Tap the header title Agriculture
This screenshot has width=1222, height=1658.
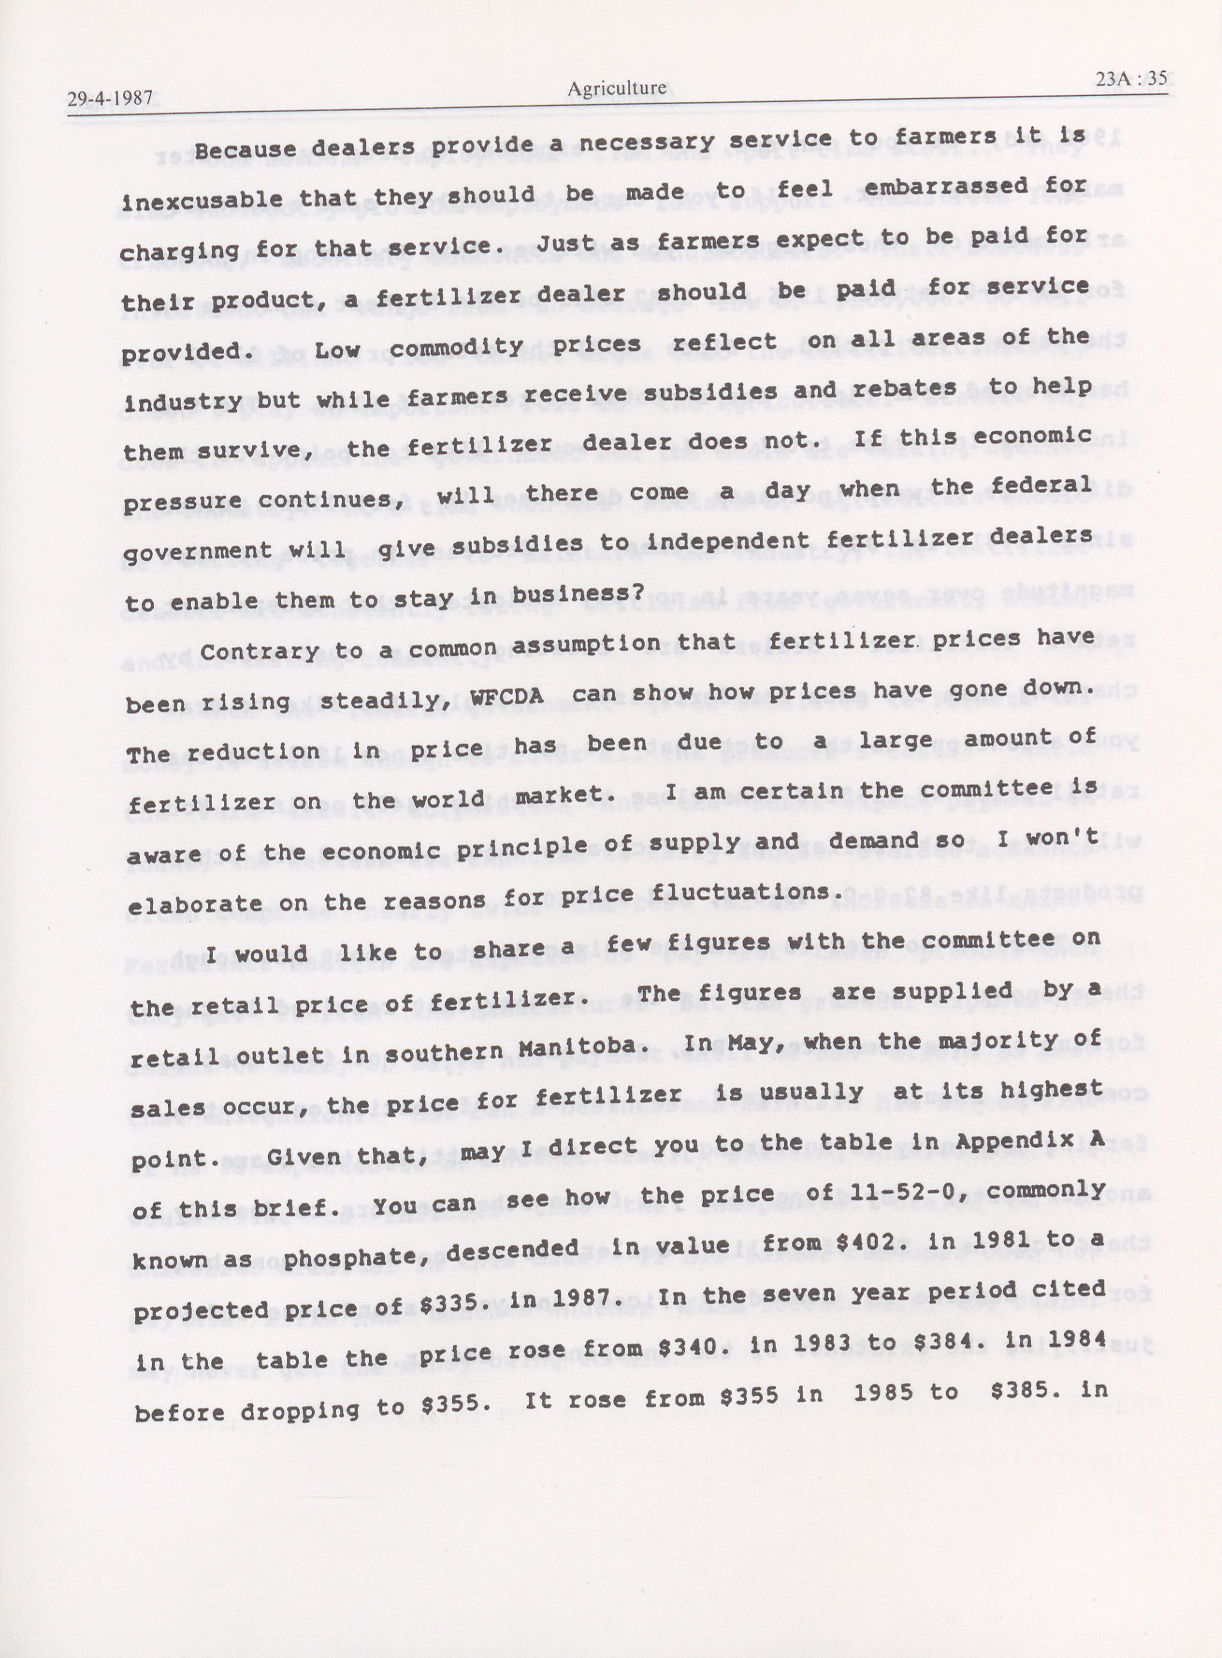[617, 89]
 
